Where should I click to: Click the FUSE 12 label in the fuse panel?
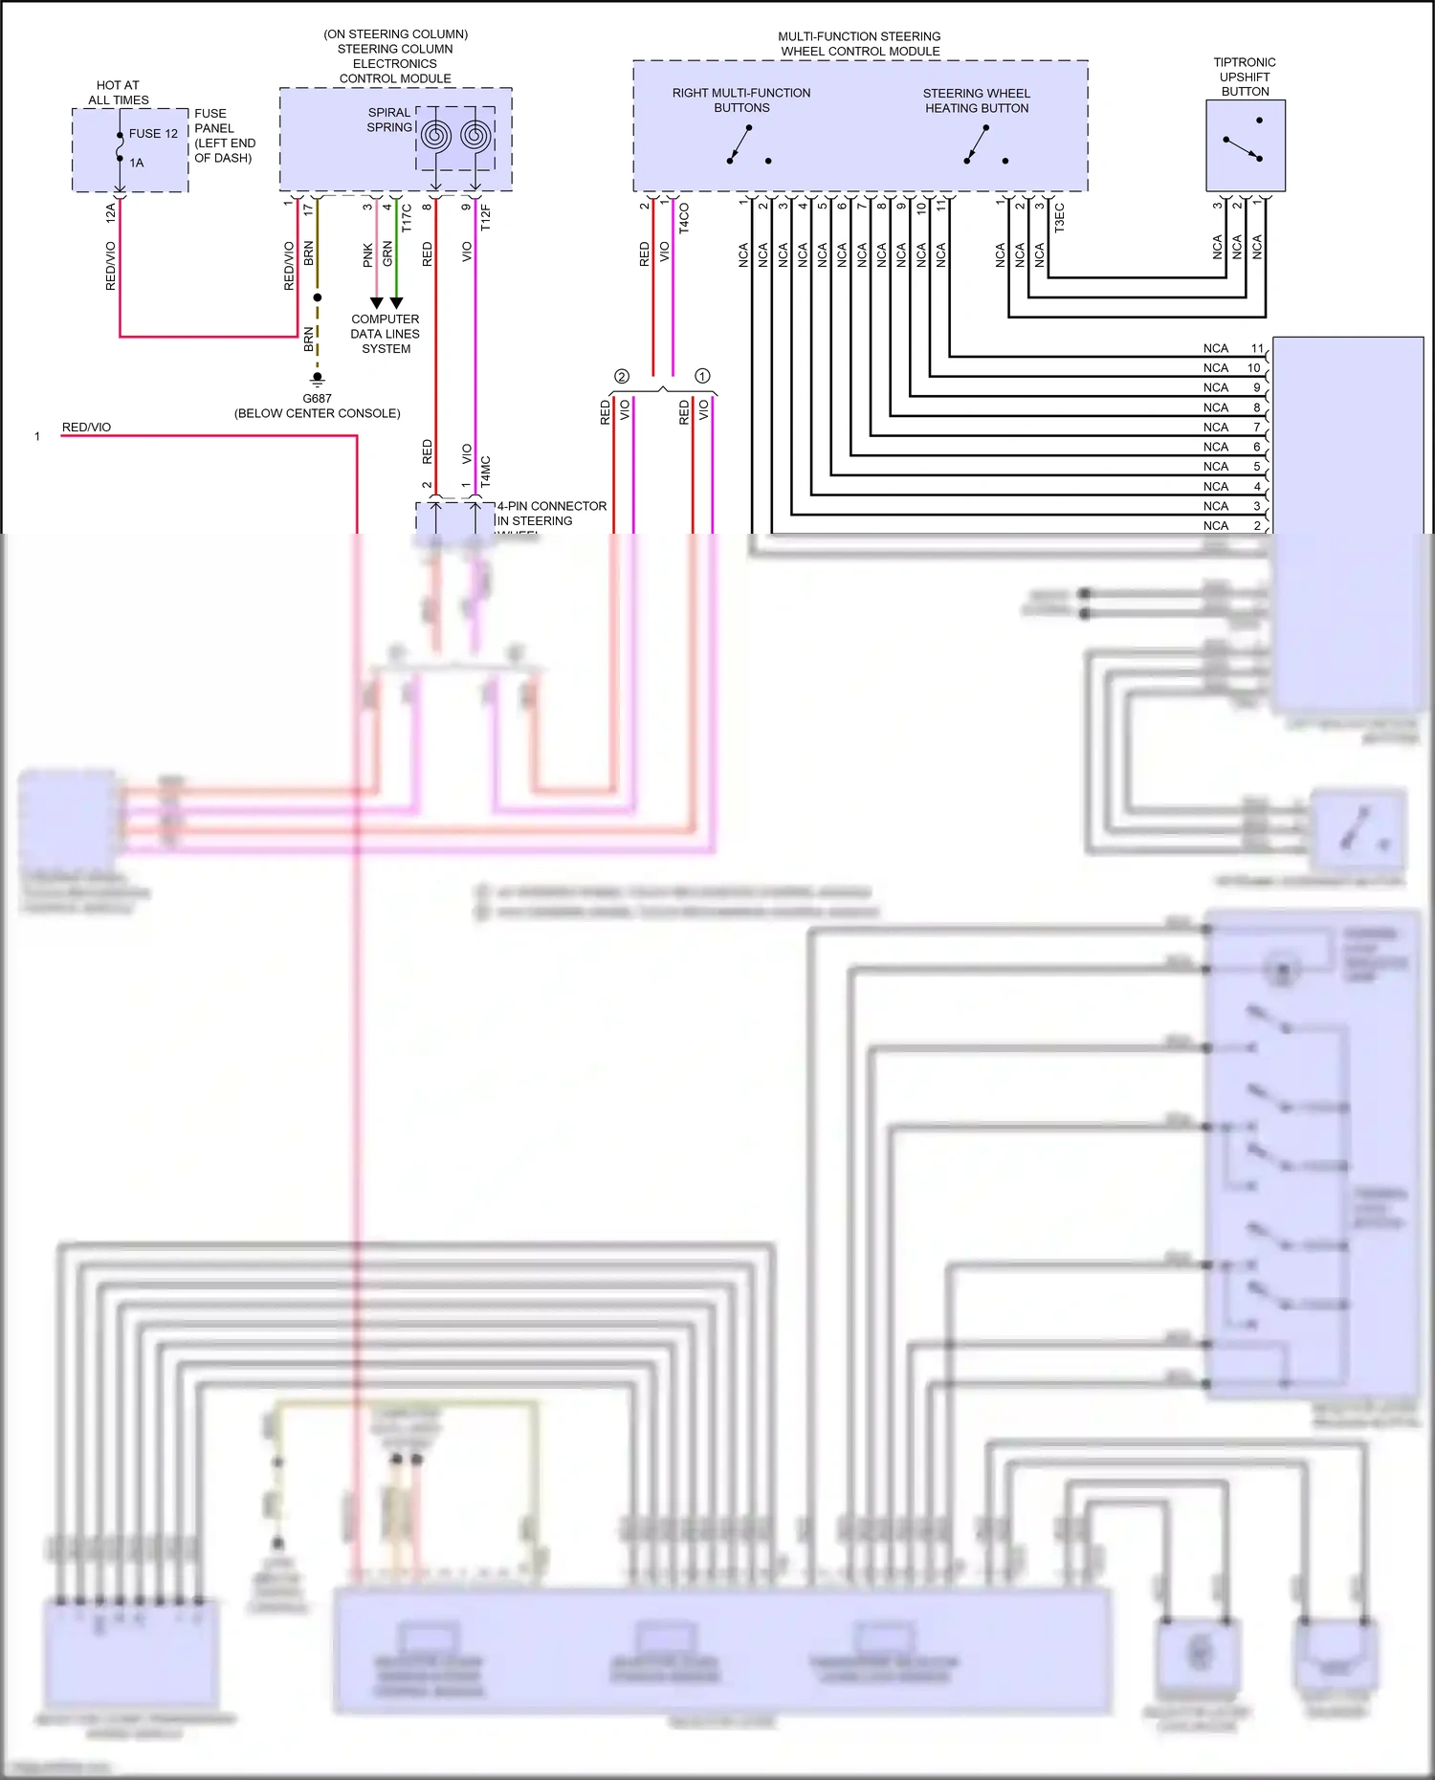[153, 134]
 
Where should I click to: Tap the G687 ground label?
[317, 399]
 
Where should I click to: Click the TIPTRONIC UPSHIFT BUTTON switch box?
[1245, 145]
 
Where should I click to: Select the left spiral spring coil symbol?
[435, 136]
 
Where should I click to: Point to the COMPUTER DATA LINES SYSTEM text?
[386, 334]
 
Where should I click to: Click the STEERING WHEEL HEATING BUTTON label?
[976, 100]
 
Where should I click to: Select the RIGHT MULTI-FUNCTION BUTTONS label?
[740, 100]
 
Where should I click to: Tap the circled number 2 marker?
[622, 377]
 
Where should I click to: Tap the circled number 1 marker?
[702, 376]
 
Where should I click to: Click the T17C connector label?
[407, 217]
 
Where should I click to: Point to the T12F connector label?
[486, 217]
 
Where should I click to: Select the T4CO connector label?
[684, 218]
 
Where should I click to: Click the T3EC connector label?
[1059, 217]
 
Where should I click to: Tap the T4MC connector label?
[486, 472]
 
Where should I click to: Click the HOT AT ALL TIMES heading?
[118, 93]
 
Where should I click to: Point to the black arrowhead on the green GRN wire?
[396, 302]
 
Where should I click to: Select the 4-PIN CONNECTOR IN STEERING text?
[550, 514]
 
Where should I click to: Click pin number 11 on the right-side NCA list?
[1257, 348]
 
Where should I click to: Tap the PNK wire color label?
[368, 254]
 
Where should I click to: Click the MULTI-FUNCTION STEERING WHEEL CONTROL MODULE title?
[859, 44]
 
